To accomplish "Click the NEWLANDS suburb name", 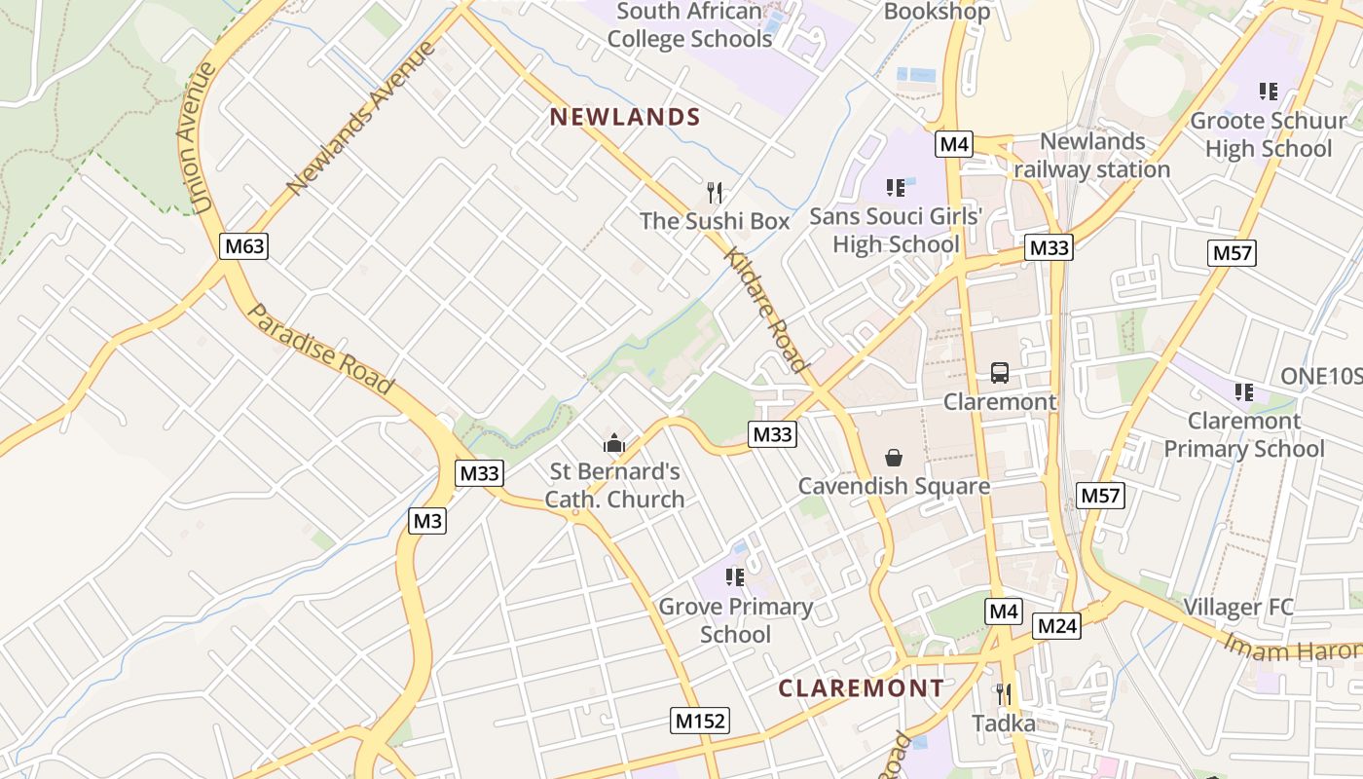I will [x=625, y=118].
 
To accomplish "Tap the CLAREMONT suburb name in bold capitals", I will [x=861, y=688].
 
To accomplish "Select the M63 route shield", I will [x=243, y=246].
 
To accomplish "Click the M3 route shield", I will [x=427, y=521].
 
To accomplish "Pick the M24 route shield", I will [x=1056, y=626].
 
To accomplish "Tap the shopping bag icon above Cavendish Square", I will [x=893, y=458].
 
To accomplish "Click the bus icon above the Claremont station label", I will [x=1000, y=372].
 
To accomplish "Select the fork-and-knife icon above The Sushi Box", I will [x=715, y=192].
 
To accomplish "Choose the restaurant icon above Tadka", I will [x=1004, y=694].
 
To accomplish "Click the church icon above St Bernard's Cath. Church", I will [x=613, y=444].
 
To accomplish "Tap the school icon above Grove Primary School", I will [x=735, y=577].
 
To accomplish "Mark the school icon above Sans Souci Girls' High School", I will [x=896, y=187].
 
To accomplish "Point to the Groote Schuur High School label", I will [x=1269, y=135].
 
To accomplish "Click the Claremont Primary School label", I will [x=1244, y=435].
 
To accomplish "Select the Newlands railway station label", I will [x=1092, y=156].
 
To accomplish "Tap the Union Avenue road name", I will [x=199, y=138].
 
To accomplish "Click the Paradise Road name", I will [x=321, y=349].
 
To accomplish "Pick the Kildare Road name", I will [x=766, y=310].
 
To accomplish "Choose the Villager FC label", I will [x=1238, y=608].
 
